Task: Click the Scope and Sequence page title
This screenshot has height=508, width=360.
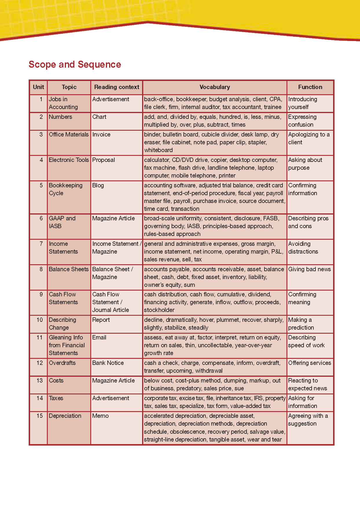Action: coord(75,64)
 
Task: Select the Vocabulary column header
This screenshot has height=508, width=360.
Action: coord(214,87)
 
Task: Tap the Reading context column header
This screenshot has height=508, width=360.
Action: coord(117,87)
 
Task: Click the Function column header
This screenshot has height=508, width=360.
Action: coord(310,87)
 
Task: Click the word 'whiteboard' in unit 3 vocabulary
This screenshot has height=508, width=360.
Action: coord(158,150)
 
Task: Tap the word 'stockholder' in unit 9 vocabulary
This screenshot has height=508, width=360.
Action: coord(159,310)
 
